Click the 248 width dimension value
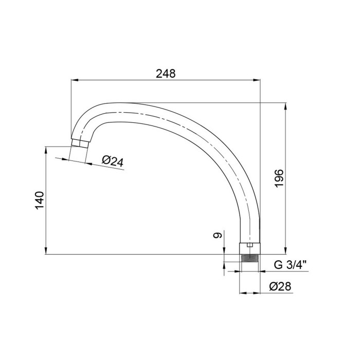click(166, 74)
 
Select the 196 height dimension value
click(279, 178)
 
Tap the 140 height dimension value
click(39, 200)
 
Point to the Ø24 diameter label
click(113, 161)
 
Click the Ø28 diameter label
click(280, 286)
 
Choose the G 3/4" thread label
click(290, 265)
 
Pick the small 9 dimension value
click(218, 235)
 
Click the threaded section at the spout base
click(249, 258)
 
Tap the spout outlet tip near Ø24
click(79, 143)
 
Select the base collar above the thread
click(250, 248)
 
